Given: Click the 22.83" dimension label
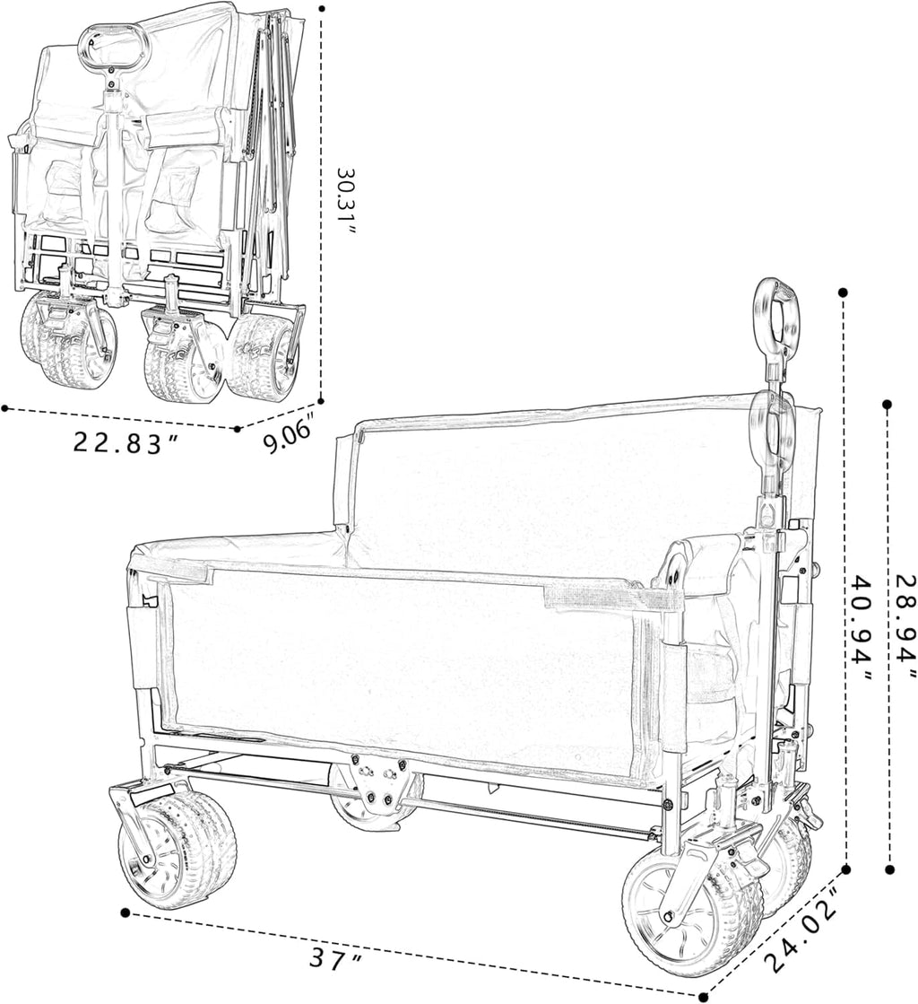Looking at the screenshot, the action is pyautogui.click(x=126, y=442).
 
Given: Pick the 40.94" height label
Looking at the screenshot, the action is pyautogui.click(x=861, y=628).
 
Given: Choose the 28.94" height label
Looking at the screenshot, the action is pyautogui.click(x=906, y=627).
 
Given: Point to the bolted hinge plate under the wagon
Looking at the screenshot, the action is pyautogui.click(x=383, y=777).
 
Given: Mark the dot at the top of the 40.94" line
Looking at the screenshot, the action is pyautogui.click(x=844, y=292).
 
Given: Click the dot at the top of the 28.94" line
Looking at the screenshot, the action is pyautogui.click(x=888, y=405).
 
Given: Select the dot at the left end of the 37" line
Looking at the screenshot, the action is pyautogui.click(x=126, y=912).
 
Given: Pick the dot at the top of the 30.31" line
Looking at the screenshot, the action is pyautogui.click(x=322, y=9).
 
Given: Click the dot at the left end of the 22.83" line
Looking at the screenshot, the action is pyautogui.click(x=5, y=408).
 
